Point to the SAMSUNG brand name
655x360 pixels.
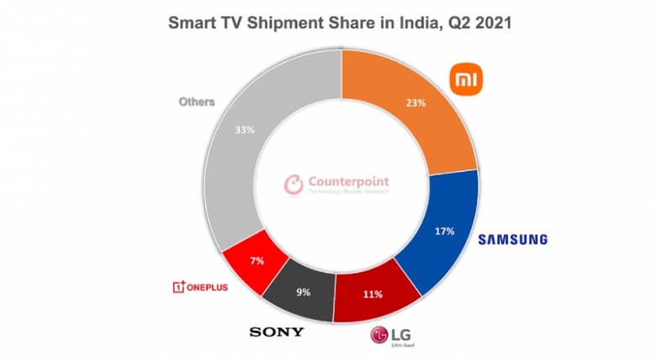(512, 240)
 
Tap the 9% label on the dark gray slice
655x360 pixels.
(303, 294)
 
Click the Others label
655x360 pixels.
(196, 102)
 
